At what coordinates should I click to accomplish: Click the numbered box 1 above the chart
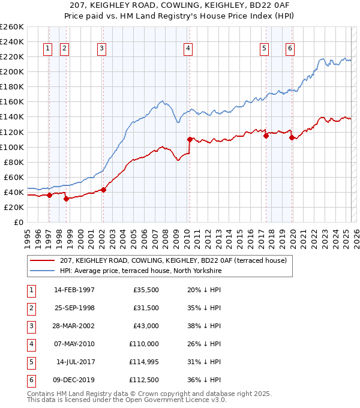coord(47,49)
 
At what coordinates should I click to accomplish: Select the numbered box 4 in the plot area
coord(188,49)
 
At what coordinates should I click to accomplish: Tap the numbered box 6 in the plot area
coord(290,49)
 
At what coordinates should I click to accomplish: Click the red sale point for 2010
coord(190,139)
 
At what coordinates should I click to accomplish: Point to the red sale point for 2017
coord(266,136)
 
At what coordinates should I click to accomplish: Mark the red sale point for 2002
coord(103,190)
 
